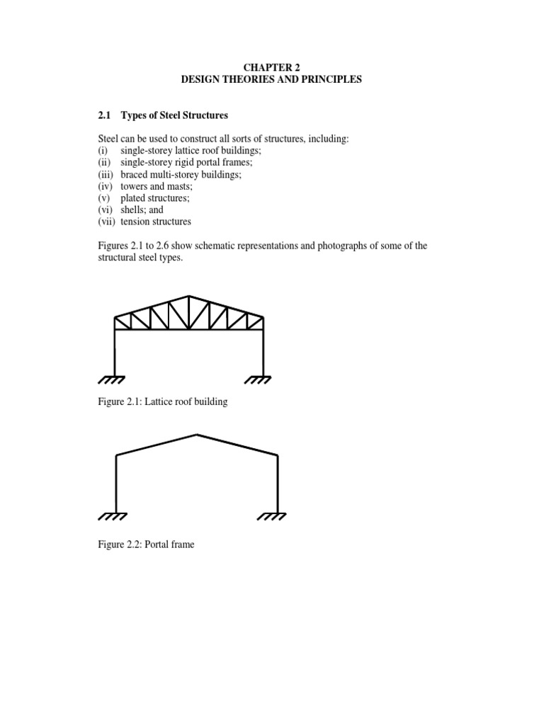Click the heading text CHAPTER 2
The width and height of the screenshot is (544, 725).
[271, 67]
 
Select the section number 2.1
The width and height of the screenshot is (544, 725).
[104, 115]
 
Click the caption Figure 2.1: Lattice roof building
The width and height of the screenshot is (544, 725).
[163, 402]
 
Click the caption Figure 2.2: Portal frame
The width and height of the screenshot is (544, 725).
[146, 545]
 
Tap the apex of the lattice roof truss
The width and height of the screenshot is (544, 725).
[189, 296]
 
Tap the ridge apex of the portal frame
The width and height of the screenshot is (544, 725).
[197, 434]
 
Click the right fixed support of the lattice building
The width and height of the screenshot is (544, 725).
[263, 379]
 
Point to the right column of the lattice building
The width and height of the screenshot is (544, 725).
[263, 350]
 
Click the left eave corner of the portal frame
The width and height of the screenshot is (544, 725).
[115, 456]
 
